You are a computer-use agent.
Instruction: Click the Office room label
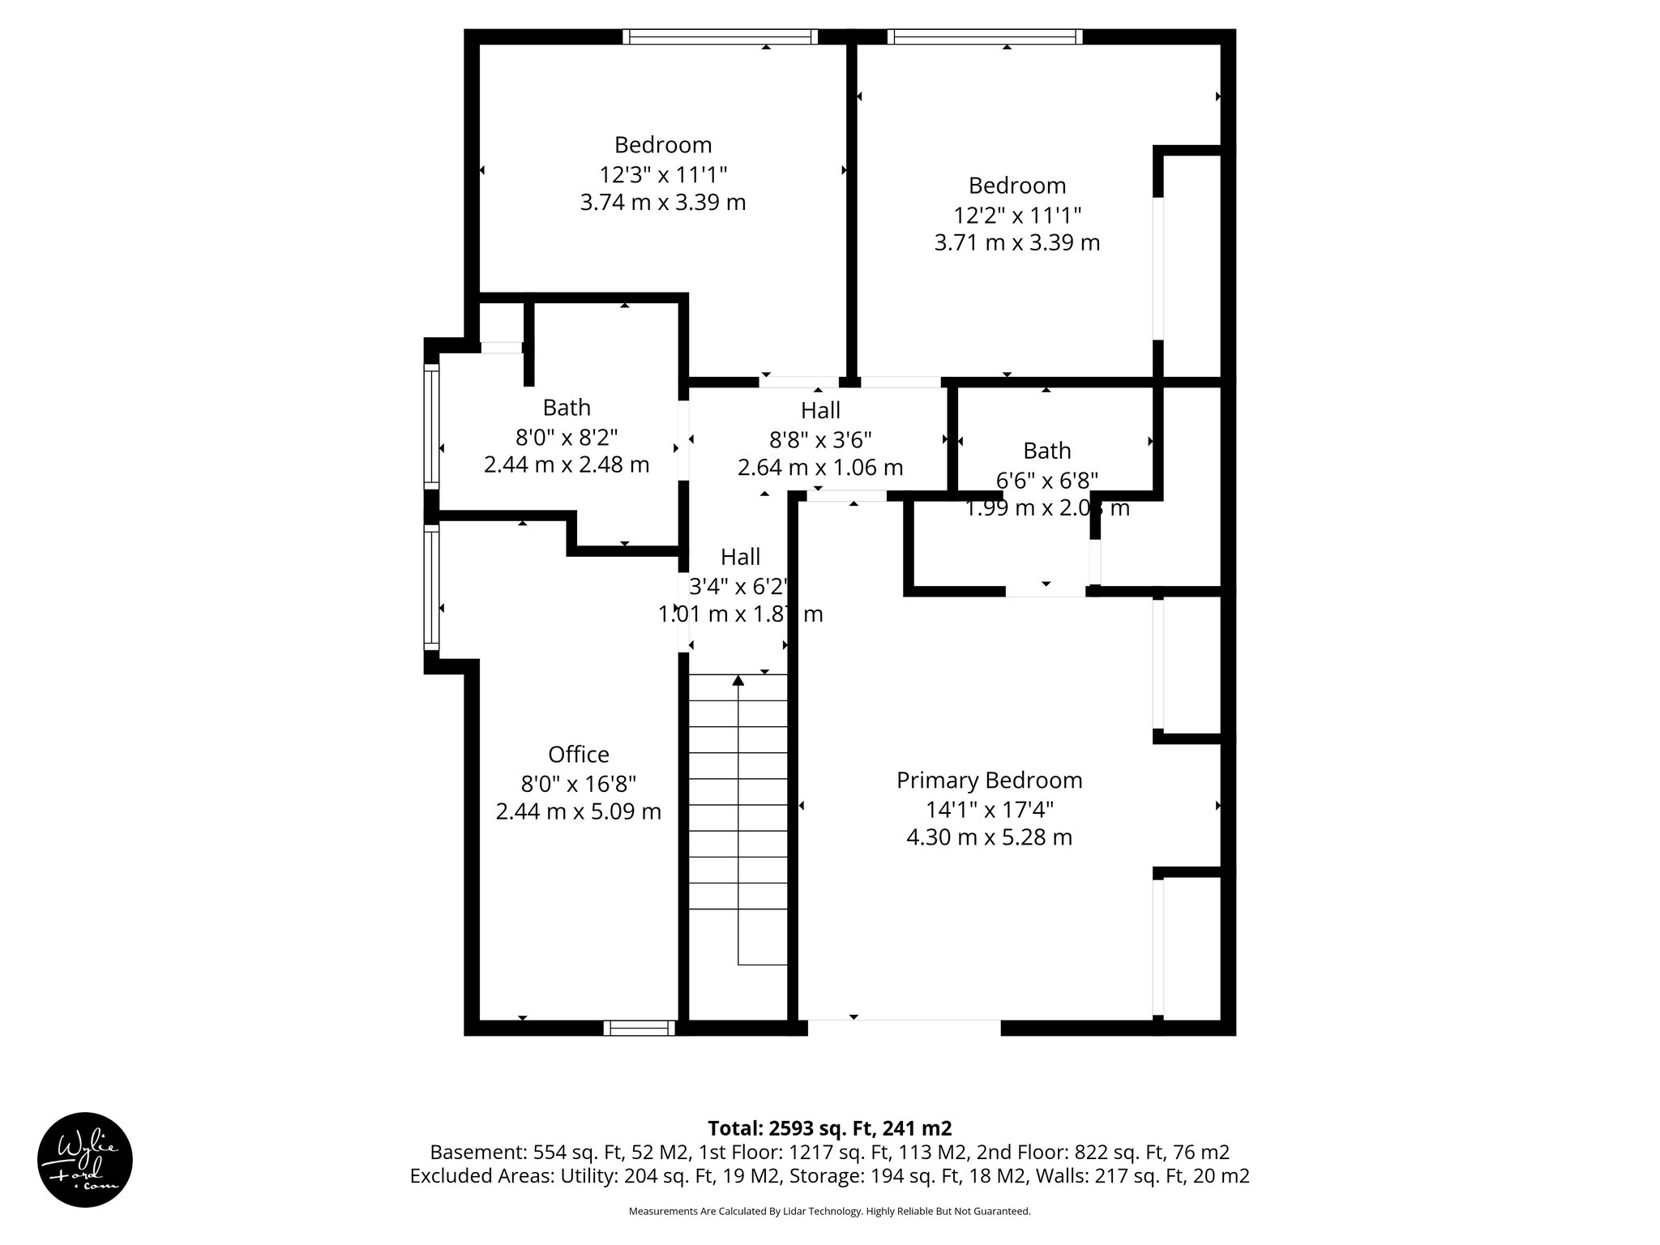(x=578, y=755)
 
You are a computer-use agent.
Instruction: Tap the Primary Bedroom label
(x=989, y=781)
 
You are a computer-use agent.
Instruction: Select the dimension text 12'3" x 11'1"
(x=663, y=174)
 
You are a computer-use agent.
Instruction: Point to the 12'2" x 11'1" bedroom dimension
(x=1016, y=215)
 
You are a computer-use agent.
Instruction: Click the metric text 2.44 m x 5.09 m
(x=578, y=811)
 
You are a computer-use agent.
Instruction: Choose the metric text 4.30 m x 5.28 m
(x=989, y=837)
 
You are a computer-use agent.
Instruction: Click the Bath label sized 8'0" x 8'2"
(x=567, y=408)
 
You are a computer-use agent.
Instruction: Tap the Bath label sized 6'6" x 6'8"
(x=1046, y=451)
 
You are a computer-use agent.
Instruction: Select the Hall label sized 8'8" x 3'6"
(x=820, y=410)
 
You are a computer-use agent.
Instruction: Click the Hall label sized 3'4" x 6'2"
(x=740, y=557)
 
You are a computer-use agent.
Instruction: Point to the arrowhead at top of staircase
(x=738, y=681)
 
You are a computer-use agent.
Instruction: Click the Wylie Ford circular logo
(x=85, y=1160)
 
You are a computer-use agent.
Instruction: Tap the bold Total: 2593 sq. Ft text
(x=829, y=1128)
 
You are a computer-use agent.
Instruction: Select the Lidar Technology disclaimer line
(x=829, y=1212)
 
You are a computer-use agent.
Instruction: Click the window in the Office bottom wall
(x=640, y=1028)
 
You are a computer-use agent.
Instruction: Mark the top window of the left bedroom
(x=721, y=36)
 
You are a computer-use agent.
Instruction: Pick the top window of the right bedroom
(x=985, y=36)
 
